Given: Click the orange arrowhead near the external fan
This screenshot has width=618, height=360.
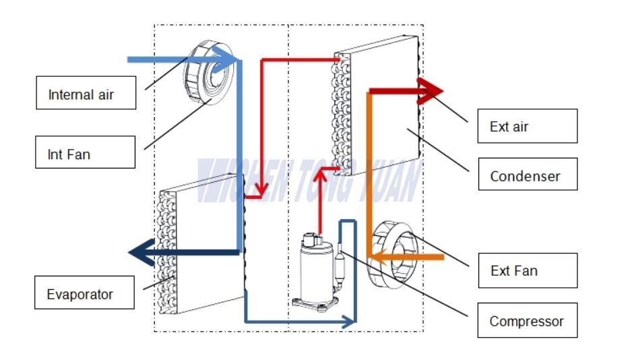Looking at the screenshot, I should tap(379, 256).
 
